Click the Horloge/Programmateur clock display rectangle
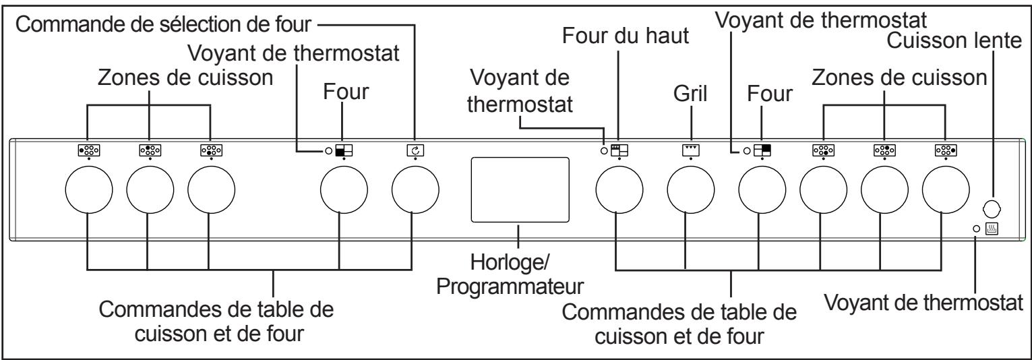tap(519, 189)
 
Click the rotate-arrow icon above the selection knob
tap(415, 151)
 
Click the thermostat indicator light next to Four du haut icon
tap(604, 151)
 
